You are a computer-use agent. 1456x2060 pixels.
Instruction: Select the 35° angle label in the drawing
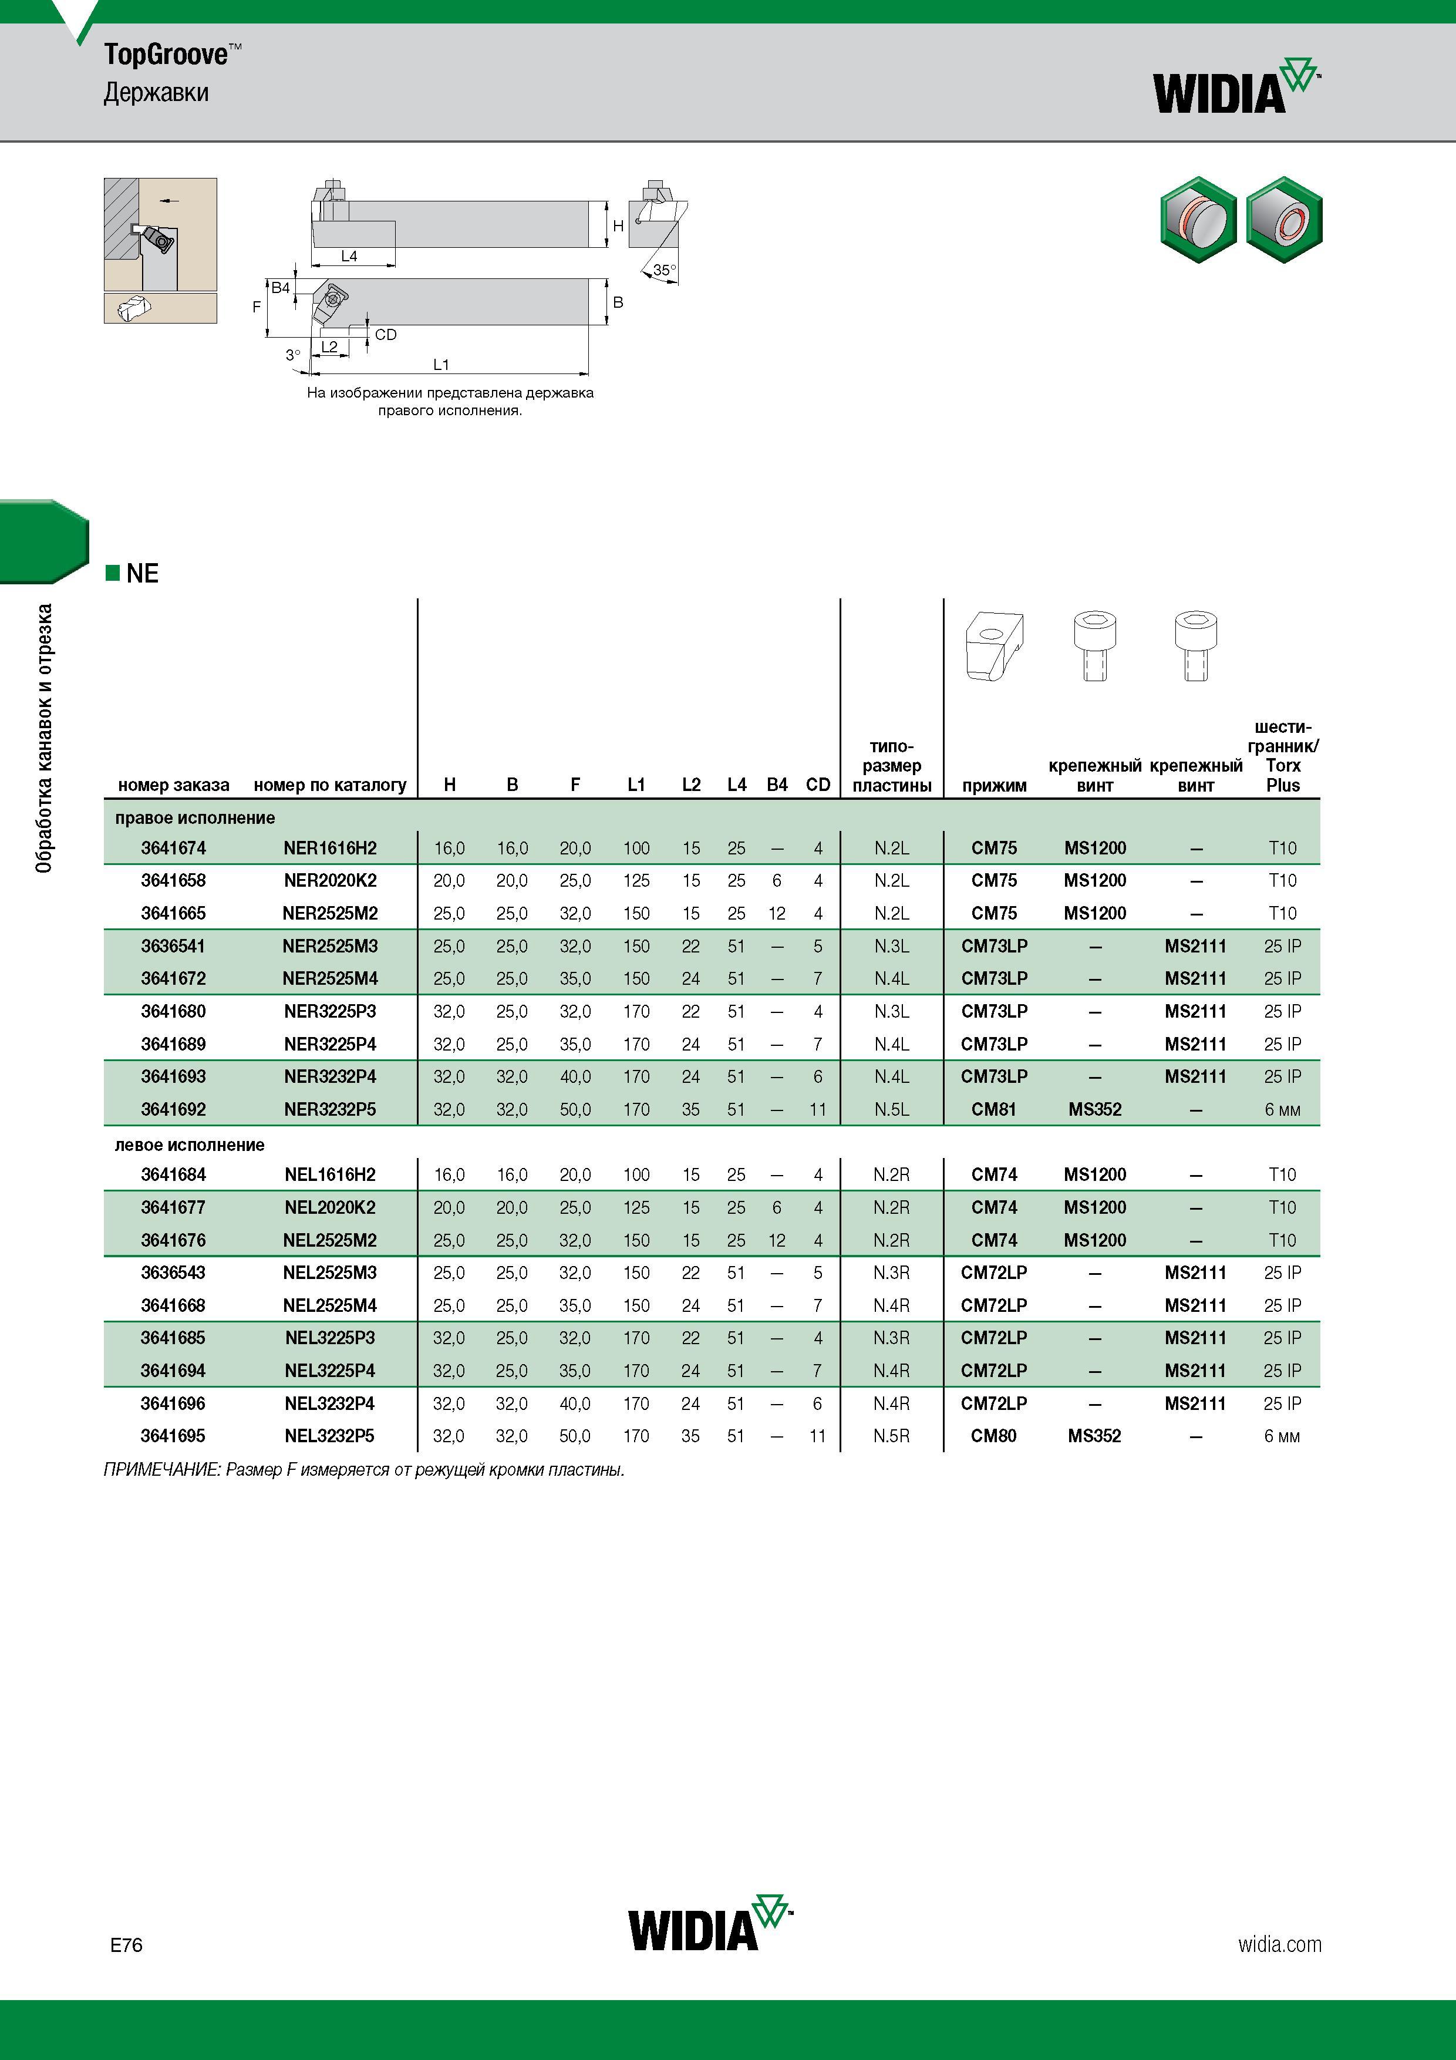[x=665, y=269]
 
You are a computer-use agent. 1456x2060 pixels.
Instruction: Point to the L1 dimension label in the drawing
[x=440, y=364]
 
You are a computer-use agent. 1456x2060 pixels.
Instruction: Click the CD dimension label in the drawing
[x=386, y=335]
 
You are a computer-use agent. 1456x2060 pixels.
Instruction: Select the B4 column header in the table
[x=777, y=785]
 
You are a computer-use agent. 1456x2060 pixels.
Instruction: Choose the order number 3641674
[x=173, y=848]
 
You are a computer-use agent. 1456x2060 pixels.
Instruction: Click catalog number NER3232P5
[x=330, y=1110]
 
